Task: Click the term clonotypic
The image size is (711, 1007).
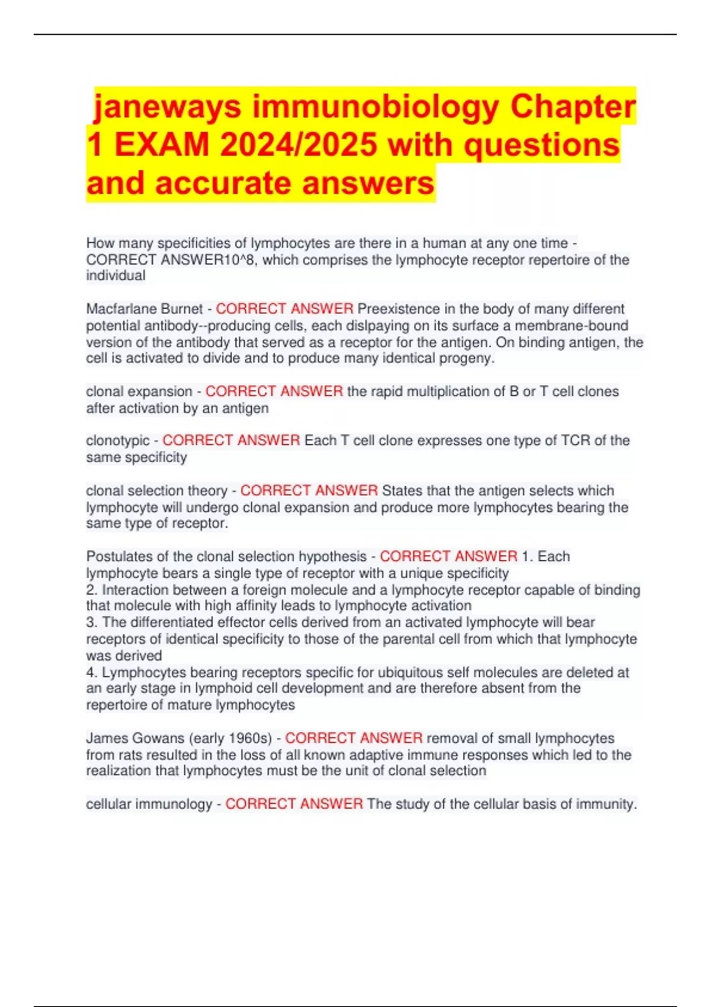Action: [118, 441]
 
